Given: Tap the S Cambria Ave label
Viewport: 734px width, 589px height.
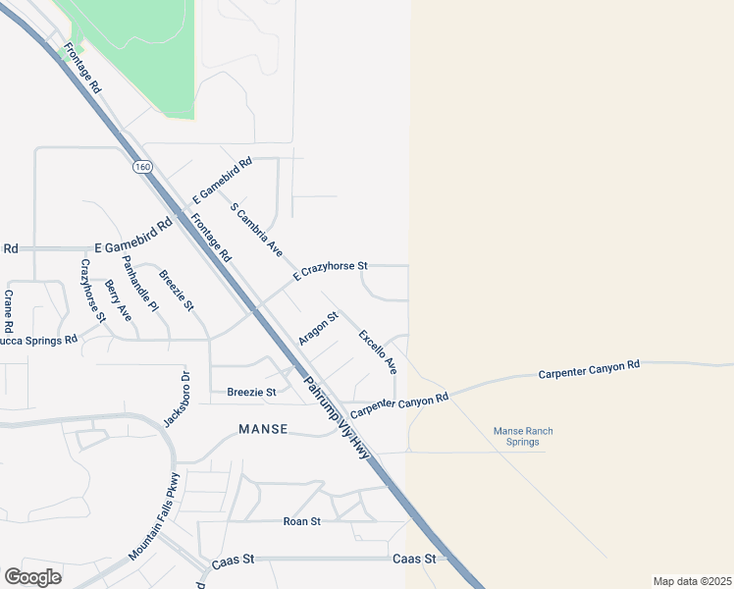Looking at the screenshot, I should click(x=256, y=231).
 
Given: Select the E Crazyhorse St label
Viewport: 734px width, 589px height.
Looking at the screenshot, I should click(x=329, y=272).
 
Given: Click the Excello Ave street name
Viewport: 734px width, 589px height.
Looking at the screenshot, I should click(x=378, y=351).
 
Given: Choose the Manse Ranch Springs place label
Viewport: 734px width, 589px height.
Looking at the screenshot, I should click(x=523, y=436).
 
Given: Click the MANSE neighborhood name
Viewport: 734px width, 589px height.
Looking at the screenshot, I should click(x=263, y=429).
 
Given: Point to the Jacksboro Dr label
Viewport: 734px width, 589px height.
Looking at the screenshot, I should click(x=175, y=400).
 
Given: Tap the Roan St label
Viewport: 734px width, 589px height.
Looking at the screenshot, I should click(x=301, y=521).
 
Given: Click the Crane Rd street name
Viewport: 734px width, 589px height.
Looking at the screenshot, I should click(x=8, y=310).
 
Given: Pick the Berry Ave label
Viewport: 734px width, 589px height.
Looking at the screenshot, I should click(x=118, y=300).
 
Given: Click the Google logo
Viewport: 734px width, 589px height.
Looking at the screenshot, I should click(x=33, y=577).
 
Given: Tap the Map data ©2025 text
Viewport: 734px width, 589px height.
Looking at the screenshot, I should click(x=692, y=580).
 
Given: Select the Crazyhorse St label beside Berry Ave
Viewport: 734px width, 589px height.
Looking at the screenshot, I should click(x=92, y=291).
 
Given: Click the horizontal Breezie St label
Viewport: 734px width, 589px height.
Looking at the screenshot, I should click(x=251, y=392).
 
